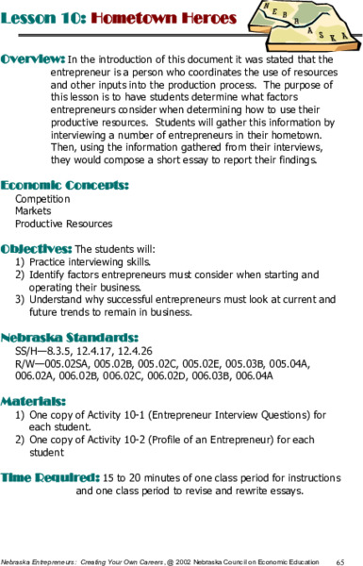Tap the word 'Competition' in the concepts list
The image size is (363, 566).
(42, 200)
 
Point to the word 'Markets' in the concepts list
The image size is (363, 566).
(34, 212)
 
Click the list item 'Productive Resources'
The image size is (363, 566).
(64, 225)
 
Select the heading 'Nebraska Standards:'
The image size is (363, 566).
(70, 337)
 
